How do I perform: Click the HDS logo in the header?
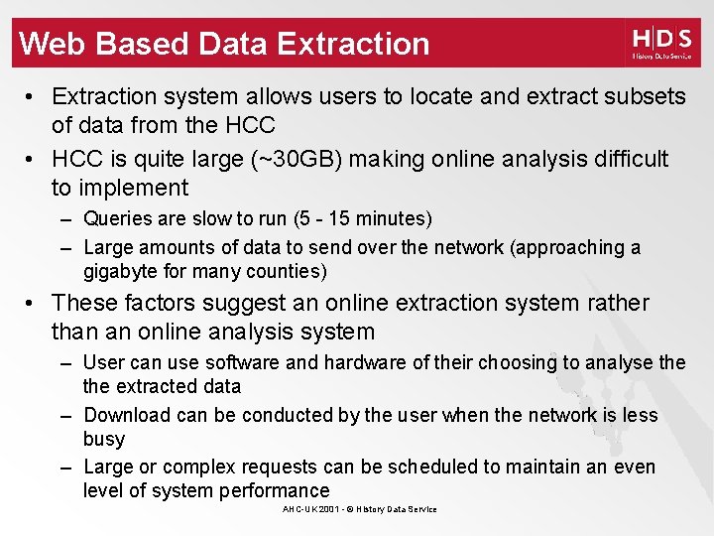(x=661, y=44)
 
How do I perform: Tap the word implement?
(x=134, y=188)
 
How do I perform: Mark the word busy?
(x=104, y=439)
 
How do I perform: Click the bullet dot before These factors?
(x=33, y=303)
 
